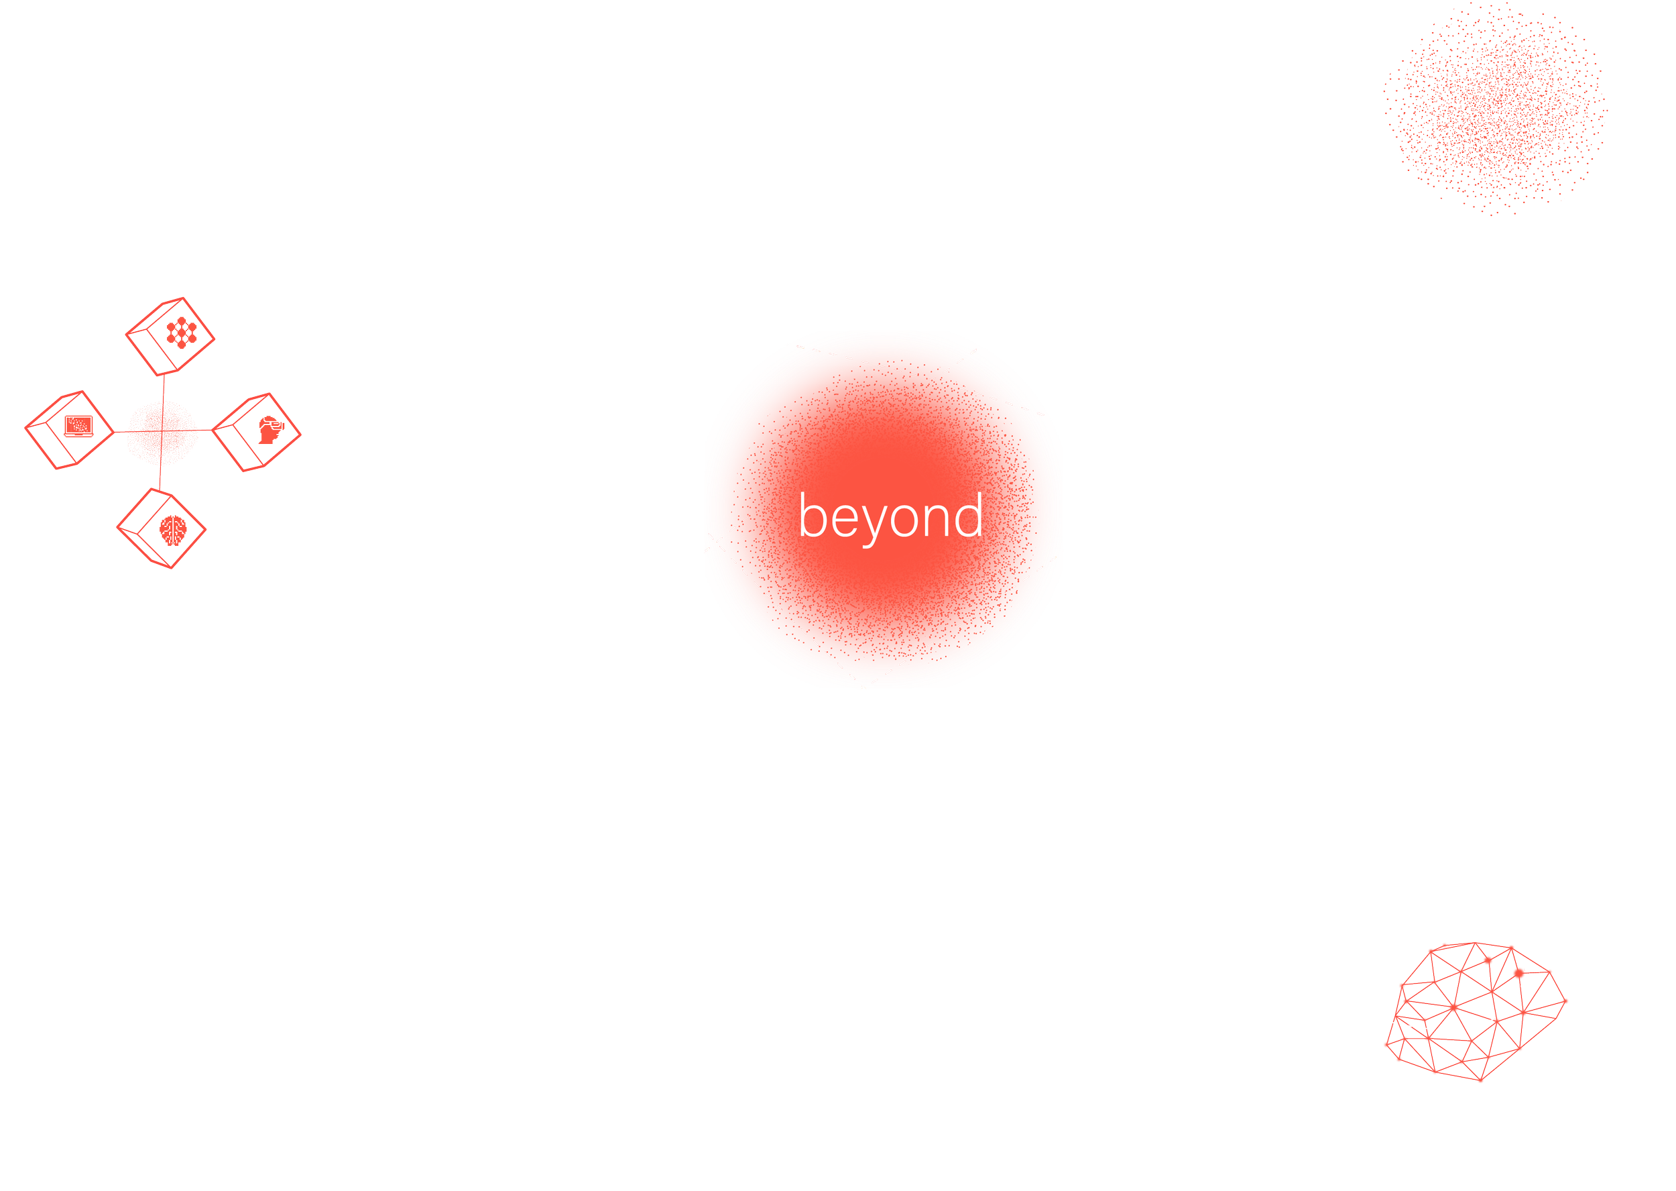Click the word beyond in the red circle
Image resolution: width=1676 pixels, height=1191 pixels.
coord(890,516)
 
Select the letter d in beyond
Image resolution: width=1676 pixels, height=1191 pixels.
coord(970,515)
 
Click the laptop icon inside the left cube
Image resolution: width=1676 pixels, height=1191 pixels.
coord(78,425)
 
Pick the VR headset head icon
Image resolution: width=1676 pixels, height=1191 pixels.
coord(270,429)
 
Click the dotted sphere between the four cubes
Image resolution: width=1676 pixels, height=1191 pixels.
coord(162,433)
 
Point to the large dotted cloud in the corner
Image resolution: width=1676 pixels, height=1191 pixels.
coord(1496,110)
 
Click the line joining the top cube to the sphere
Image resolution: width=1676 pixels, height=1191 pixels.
coord(164,389)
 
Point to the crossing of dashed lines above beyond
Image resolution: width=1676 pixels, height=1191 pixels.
coord(930,380)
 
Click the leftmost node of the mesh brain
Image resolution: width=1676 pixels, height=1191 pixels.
coord(1387,1045)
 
